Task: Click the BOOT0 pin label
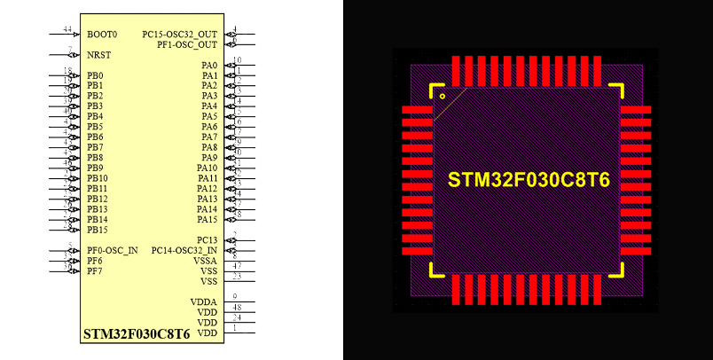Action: (x=102, y=35)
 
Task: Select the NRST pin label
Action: (x=99, y=55)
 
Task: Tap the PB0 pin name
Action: (x=95, y=75)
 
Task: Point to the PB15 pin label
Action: (x=97, y=230)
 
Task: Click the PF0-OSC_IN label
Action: (x=112, y=250)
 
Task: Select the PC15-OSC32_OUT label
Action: (x=179, y=35)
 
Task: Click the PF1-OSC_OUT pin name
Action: (x=187, y=44)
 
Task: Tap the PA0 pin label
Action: (x=209, y=66)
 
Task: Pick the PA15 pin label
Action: (x=207, y=219)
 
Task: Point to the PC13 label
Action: (x=207, y=240)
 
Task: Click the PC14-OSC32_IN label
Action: (x=184, y=250)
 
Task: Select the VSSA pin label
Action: (x=205, y=261)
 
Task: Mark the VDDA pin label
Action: (x=204, y=302)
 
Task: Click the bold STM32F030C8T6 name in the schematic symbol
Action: (x=136, y=335)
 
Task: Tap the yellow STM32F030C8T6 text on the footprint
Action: (x=529, y=180)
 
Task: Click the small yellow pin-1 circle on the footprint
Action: (x=443, y=95)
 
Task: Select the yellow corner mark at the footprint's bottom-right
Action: (x=618, y=269)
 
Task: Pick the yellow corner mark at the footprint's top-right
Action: (x=618, y=91)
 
